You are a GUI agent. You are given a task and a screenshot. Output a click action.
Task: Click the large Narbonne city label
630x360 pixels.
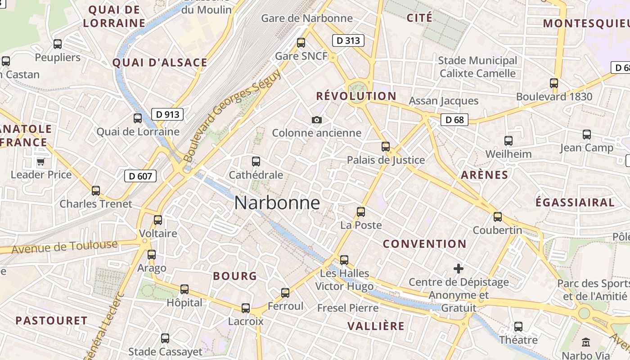pyautogui.click(x=277, y=203)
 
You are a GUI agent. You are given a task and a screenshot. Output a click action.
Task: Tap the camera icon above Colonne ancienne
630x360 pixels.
pyautogui.click(x=316, y=120)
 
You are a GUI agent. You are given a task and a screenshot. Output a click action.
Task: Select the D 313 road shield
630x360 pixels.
pyautogui.click(x=348, y=40)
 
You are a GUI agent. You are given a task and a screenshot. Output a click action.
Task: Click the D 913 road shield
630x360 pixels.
pyautogui.click(x=167, y=114)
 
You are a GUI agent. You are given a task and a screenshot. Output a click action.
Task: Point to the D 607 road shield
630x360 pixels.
pyautogui.click(x=140, y=176)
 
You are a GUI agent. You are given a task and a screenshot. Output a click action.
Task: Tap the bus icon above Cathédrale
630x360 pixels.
pyautogui.click(x=256, y=161)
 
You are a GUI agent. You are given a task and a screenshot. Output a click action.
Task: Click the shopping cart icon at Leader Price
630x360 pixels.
pyautogui.click(x=41, y=162)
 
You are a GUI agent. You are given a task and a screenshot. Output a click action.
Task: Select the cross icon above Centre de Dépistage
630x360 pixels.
pyautogui.click(x=459, y=269)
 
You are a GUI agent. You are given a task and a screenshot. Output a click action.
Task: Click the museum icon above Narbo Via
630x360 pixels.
pyautogui.click(x=586, y=342)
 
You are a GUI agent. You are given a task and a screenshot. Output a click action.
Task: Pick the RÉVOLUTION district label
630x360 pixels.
pyautogui.click(x=356, y=96)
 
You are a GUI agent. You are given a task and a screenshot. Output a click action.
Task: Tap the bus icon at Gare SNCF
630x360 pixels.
pyautogui.click(x=301, y=43)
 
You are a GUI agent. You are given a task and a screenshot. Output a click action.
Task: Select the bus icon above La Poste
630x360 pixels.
pyautogui.click(x=360, y=211)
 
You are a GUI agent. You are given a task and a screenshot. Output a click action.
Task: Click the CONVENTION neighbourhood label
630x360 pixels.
pyautogui.click(x=424, y=244)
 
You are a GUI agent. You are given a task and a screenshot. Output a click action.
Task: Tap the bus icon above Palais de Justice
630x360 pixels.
pyautogui.click(x=386, y=146)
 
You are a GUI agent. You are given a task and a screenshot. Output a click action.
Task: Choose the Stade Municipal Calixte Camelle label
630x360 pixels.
pyautogui.click(x=477, y=67)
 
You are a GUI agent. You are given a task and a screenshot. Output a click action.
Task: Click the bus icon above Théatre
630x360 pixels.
pyautogui.click(x=518, y=326)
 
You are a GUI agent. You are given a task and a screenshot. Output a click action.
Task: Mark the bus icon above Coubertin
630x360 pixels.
pyautogui.click(x=498, y=216)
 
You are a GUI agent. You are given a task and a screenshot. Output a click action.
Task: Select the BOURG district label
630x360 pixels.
pyautogui.click(x=235, y=276)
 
